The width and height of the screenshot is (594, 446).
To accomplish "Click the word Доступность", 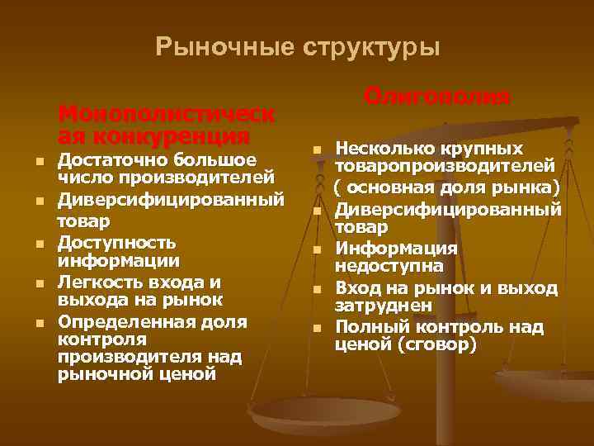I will tap(116, 243).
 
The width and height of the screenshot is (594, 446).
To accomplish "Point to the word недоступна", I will tap(388, 266).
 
